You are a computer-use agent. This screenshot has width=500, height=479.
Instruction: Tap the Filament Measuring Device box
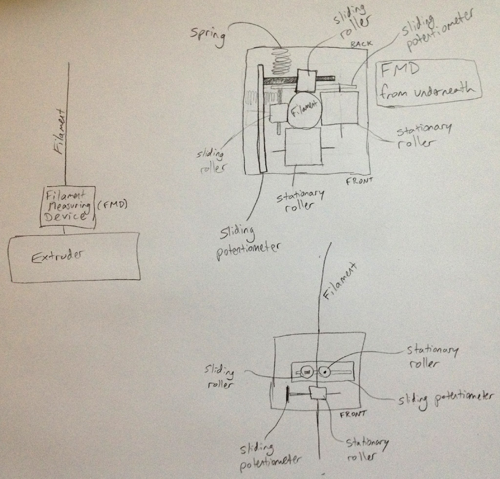[x=67, y=207]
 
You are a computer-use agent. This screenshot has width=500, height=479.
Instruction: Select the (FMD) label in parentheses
[x=112, y=206]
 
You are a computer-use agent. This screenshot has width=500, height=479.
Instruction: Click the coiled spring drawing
[x=281, y=61]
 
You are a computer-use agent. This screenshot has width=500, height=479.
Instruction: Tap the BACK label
[x=361, y=44]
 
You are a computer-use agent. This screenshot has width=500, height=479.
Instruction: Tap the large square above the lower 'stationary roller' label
[x=303, y=146]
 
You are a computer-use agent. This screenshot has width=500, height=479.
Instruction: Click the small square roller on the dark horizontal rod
[x=306, y=80]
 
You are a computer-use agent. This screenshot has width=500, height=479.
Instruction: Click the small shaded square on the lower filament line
[x=318, y=393]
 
